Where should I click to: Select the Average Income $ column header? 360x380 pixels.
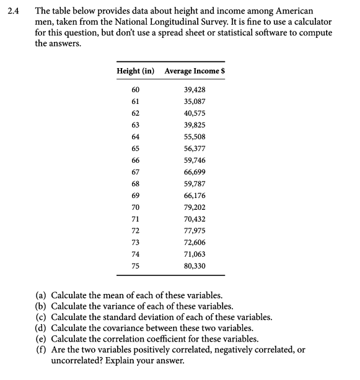pos(194,71)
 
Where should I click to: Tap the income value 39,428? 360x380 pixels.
pos(195,90)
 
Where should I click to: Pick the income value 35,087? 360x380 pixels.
pos(195,101)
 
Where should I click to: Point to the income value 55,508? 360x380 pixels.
pos(195,137)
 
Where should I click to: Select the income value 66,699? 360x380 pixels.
pos(195,172)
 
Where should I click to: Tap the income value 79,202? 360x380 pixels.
pos(195,207)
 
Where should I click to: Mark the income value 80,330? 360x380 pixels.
pos(195,266)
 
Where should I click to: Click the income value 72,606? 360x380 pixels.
pos(195,243)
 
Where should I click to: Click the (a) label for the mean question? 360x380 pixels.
pos(41,295)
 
